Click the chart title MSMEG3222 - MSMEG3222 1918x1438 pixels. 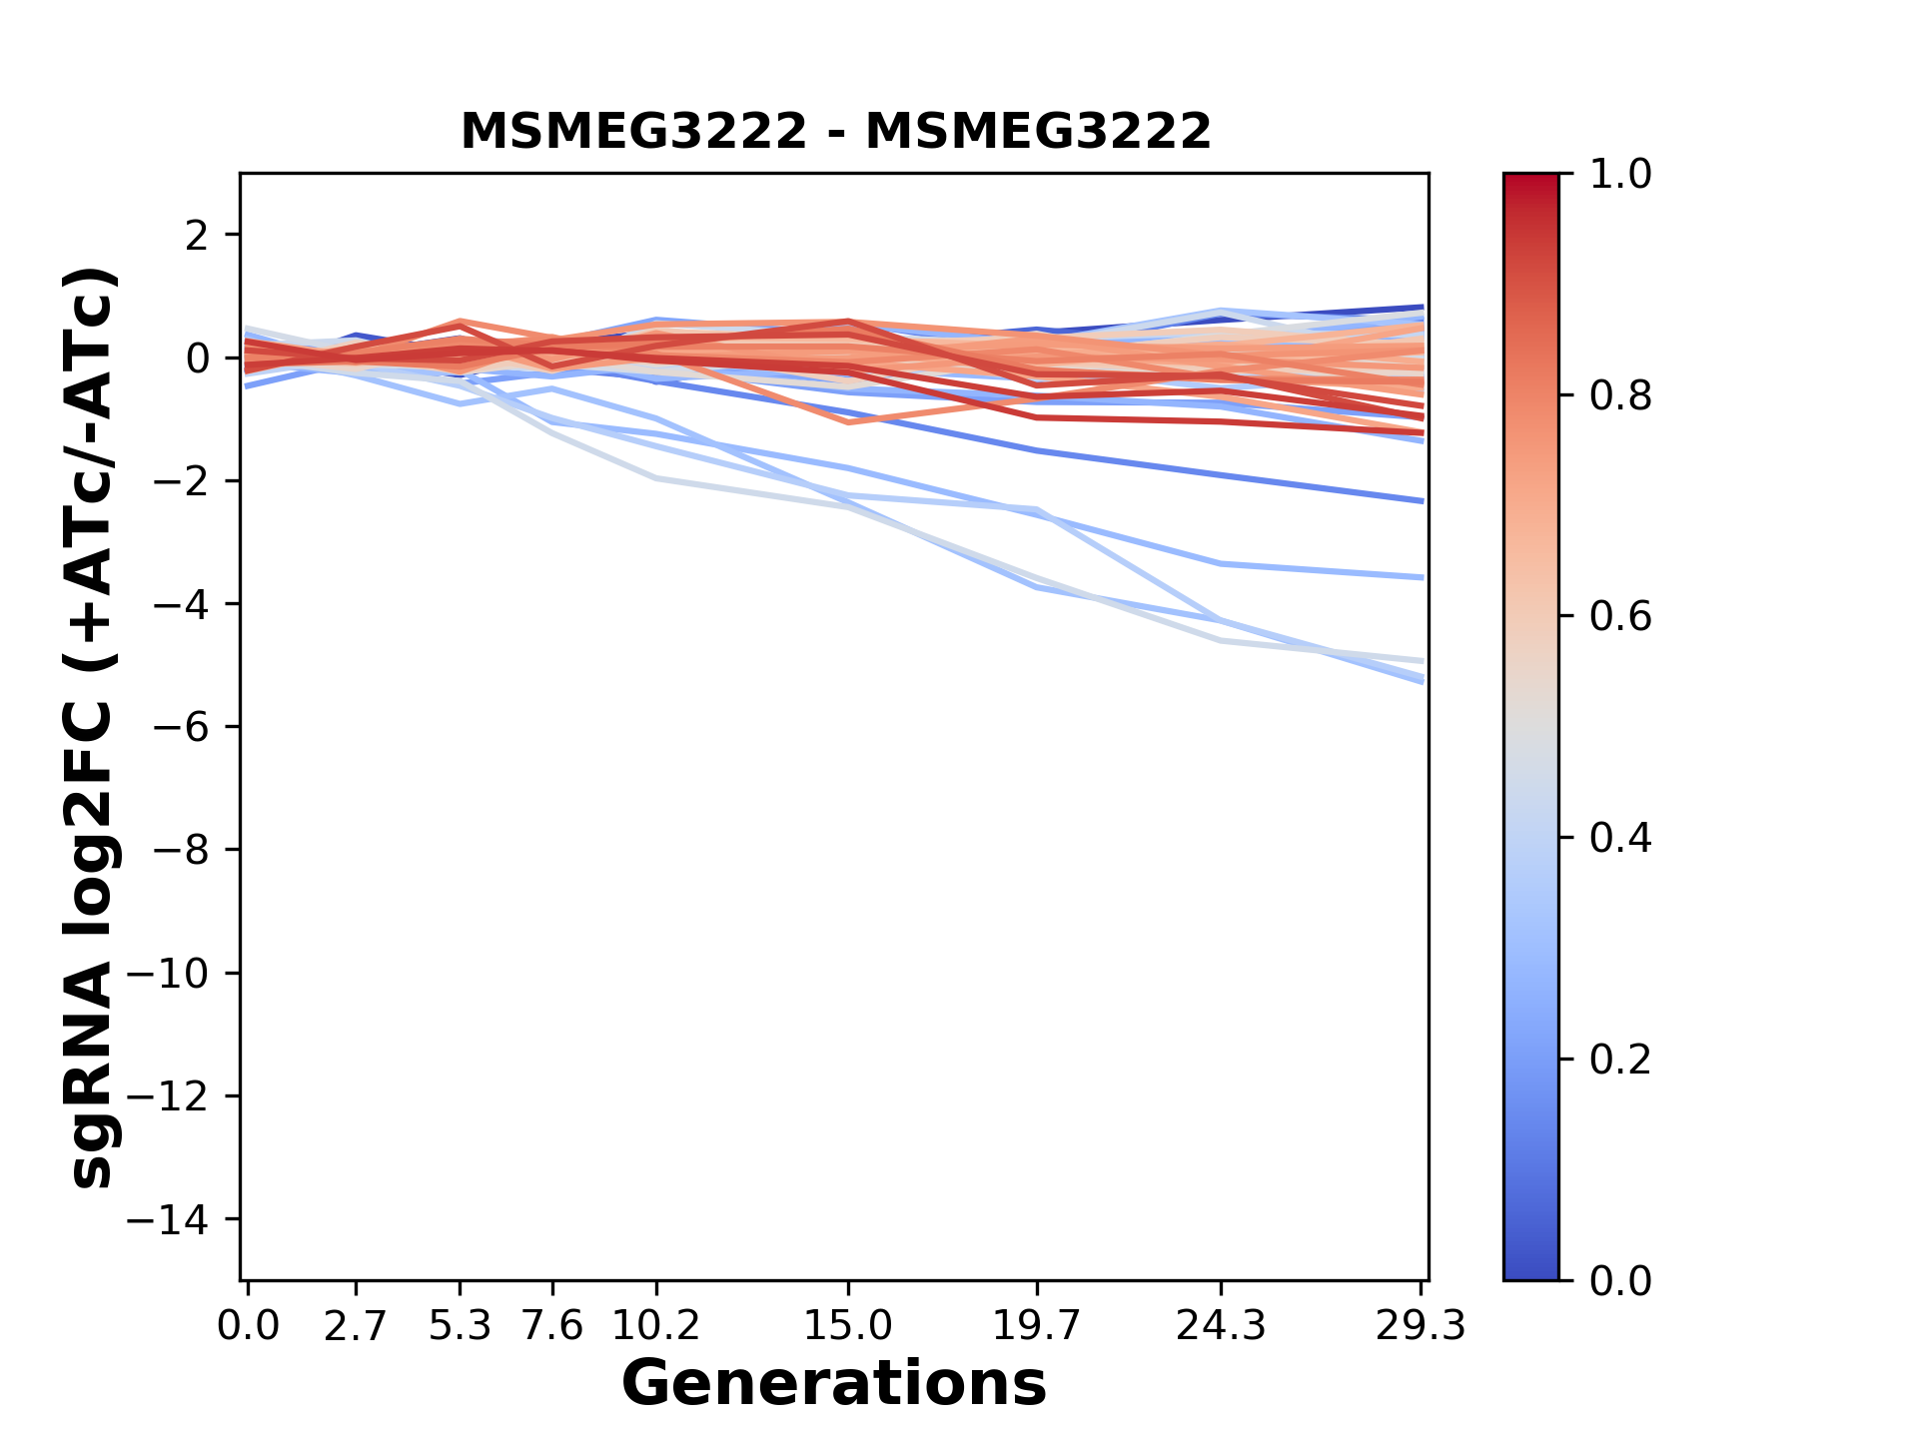[x=835, y=132]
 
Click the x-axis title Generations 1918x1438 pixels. [x=834, y=1384]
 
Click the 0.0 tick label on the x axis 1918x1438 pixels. [x=248, y=1326]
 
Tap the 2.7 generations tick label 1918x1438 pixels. [x=356, y=1326]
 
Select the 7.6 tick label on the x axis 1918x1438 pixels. [x=552, y=1326]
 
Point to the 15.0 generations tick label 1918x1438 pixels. [x=848, y=1326]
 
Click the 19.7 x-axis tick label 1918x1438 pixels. [x=1037, y=1326]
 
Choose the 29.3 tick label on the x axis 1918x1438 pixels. [x=1421, y=1326]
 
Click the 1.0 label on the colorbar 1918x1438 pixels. [x=1620, y=175]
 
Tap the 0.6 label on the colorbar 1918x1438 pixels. [x=1620, y=617]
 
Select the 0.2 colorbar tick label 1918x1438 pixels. [x=1620, y=1060]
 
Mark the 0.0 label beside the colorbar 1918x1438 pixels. [x=1620, y=1281]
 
